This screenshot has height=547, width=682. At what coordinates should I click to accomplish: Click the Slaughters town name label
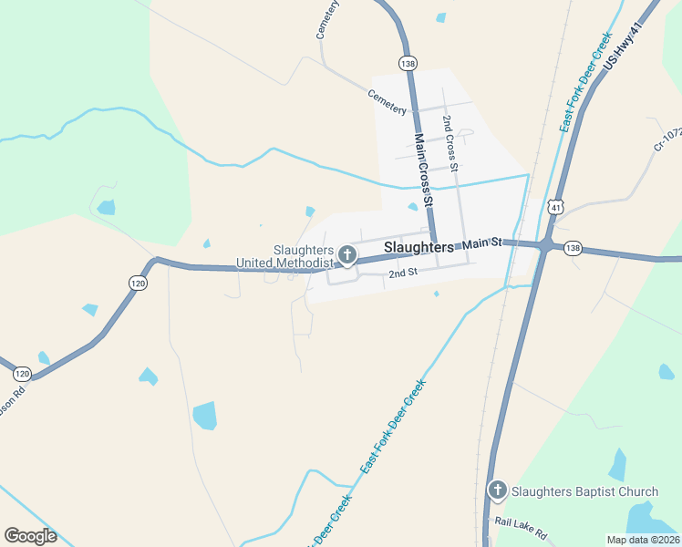418,247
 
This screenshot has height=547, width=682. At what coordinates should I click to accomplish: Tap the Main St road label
482,243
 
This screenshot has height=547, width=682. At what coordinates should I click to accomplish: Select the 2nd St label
402,273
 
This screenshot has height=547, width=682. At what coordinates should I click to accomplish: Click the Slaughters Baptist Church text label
584,491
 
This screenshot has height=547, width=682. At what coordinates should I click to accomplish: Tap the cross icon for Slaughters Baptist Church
498,491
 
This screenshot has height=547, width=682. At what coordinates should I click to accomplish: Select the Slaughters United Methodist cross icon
346,253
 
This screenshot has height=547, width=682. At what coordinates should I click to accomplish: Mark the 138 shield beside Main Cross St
407,62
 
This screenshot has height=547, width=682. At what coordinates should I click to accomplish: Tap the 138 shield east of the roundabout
573,248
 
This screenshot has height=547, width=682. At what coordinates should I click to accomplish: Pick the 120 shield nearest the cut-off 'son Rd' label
23,374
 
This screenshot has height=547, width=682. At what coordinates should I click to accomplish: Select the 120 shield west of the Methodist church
138,284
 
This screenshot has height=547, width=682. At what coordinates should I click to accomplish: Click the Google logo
30,536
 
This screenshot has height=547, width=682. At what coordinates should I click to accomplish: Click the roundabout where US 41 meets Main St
545,245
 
